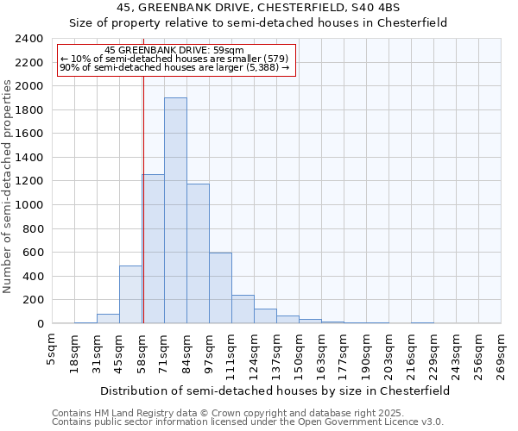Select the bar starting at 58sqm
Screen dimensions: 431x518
pyautogui.click(x=154, y=249)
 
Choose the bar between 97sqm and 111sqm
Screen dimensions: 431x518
pyautogui.click(x=220, y=288)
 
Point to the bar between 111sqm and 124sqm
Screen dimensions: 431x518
pyautogui.click(x=243, y=309)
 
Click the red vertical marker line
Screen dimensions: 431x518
pyautogui.click(x=143, y=198)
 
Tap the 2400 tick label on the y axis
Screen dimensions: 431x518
pyautogui.click(x=28, y=39)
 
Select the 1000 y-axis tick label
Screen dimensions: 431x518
pyautogui.click(x=28, y=205)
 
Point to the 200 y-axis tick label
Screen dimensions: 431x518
pyautogui.click(x=32, y=300)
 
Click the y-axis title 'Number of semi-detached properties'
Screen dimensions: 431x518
pyautogui.click(x=8, y=186)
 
